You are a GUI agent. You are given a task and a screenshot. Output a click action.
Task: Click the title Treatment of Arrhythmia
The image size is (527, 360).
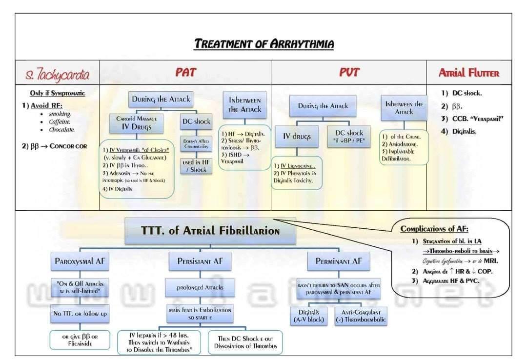pyautogui.click(x=264, y=44)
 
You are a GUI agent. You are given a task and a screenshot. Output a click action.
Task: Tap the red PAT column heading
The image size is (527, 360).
pyautogui.click(x=185, y=72)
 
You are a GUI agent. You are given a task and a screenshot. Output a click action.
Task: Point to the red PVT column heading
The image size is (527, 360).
pyautogui.click(x=349, y=72)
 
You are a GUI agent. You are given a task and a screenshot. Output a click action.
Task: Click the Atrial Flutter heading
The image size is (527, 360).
pyautogui.click(x=469, y=73)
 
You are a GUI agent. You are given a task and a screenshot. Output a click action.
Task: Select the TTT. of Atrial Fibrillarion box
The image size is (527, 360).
pyautogui.click(x=210, y=231)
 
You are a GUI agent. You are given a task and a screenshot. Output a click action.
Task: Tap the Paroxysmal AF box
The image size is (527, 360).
pyautogui.click(x=80, y=261)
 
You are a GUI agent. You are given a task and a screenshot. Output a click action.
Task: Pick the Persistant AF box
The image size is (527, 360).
pyautogui.click(x=200, y=261)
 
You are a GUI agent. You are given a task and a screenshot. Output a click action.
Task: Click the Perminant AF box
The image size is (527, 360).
pyautogui.click(x=339, y=261)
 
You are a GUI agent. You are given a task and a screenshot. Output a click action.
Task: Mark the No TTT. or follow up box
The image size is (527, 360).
pyautogui.click(x=80, y=313)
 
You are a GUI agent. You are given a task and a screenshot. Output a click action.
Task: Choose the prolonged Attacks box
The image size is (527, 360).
pyautogui.click(x=200, y=287)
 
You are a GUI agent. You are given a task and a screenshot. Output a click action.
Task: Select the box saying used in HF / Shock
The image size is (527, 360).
pyautogui.click(x=195, y=166)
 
